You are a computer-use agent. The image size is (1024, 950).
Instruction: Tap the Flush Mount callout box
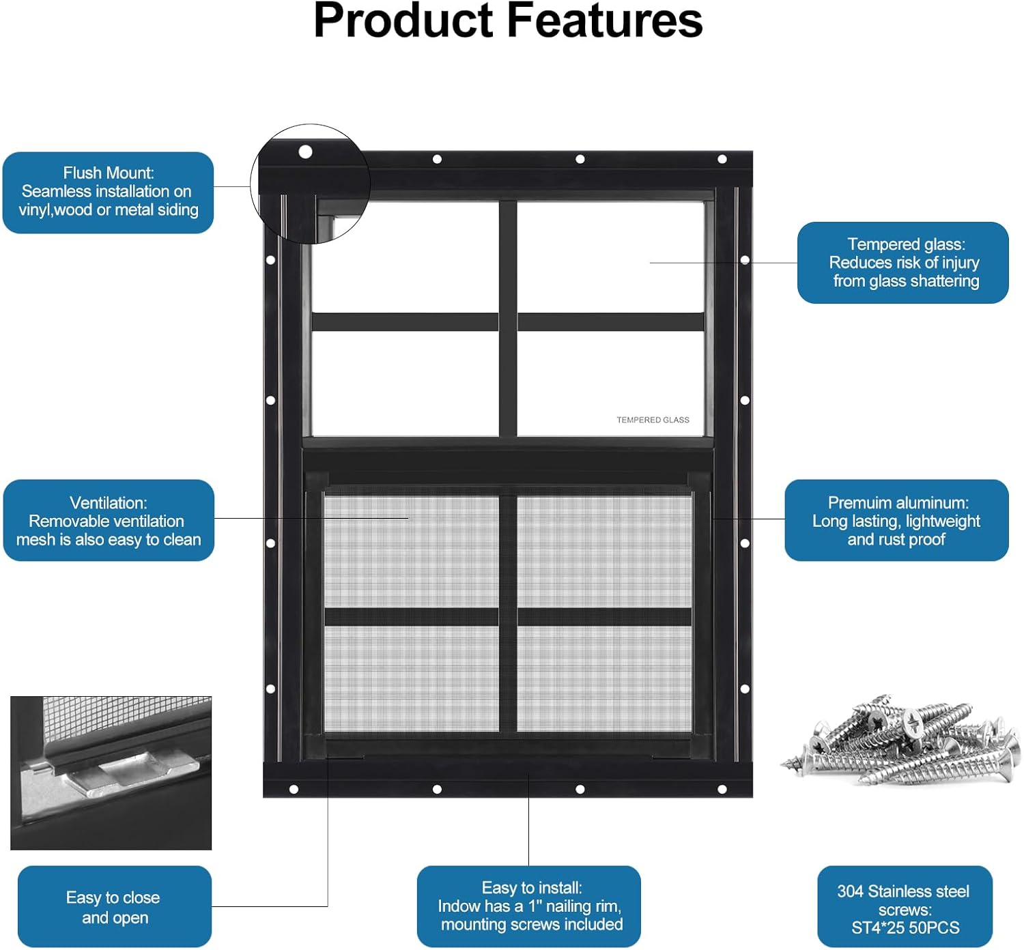coord(109,192)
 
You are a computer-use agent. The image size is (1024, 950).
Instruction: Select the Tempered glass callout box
coord(903,263)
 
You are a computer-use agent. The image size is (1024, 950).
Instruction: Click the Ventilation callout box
coord(109,521)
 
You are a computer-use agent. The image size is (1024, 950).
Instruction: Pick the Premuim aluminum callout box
coord(896,521)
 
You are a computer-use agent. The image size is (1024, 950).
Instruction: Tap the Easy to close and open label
coord(114,907)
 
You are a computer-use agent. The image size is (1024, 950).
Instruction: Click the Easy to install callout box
coord(529,906)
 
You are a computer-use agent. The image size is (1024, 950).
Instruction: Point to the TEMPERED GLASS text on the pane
coord(653,420)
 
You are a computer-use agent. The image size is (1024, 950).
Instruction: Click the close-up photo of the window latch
coord(111,773)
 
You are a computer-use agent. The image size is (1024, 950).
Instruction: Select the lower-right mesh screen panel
coord(604,678)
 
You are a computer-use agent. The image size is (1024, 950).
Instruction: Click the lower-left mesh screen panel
coord(412,678)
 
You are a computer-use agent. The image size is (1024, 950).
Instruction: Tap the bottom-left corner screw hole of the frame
coord(294,790)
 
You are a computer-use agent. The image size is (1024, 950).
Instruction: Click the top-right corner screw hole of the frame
coord(722,159)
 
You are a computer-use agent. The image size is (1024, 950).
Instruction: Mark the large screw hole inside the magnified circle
coord(305,152)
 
